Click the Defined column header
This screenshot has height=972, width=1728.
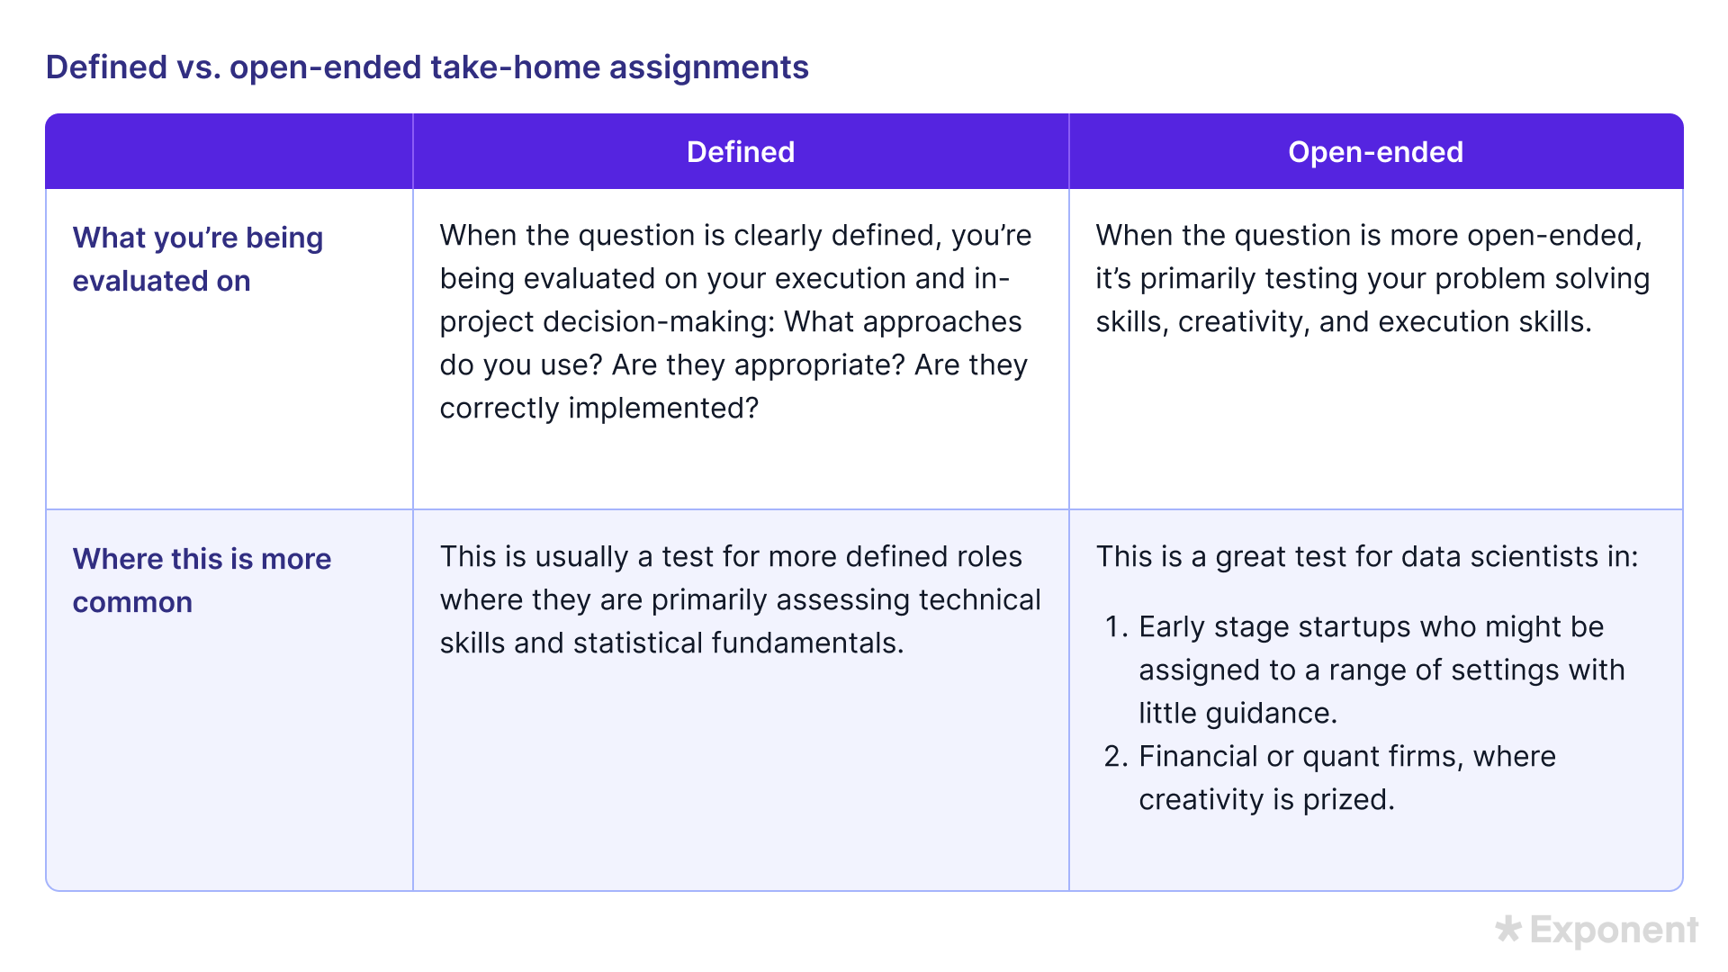click(740, 152)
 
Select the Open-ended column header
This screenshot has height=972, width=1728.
click(1375, 152)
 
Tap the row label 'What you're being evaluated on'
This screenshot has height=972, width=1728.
click(197, 259)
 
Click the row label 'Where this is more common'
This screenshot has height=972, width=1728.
click(202, 580)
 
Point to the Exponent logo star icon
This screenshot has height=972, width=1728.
click(1508, 929)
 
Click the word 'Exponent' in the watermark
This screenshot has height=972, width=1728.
click(1614, 931)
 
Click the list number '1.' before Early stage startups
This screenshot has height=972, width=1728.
click(1116, 627)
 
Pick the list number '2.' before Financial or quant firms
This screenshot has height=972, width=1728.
click(1116, 757)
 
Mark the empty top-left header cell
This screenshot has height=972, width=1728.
click(229, 152)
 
